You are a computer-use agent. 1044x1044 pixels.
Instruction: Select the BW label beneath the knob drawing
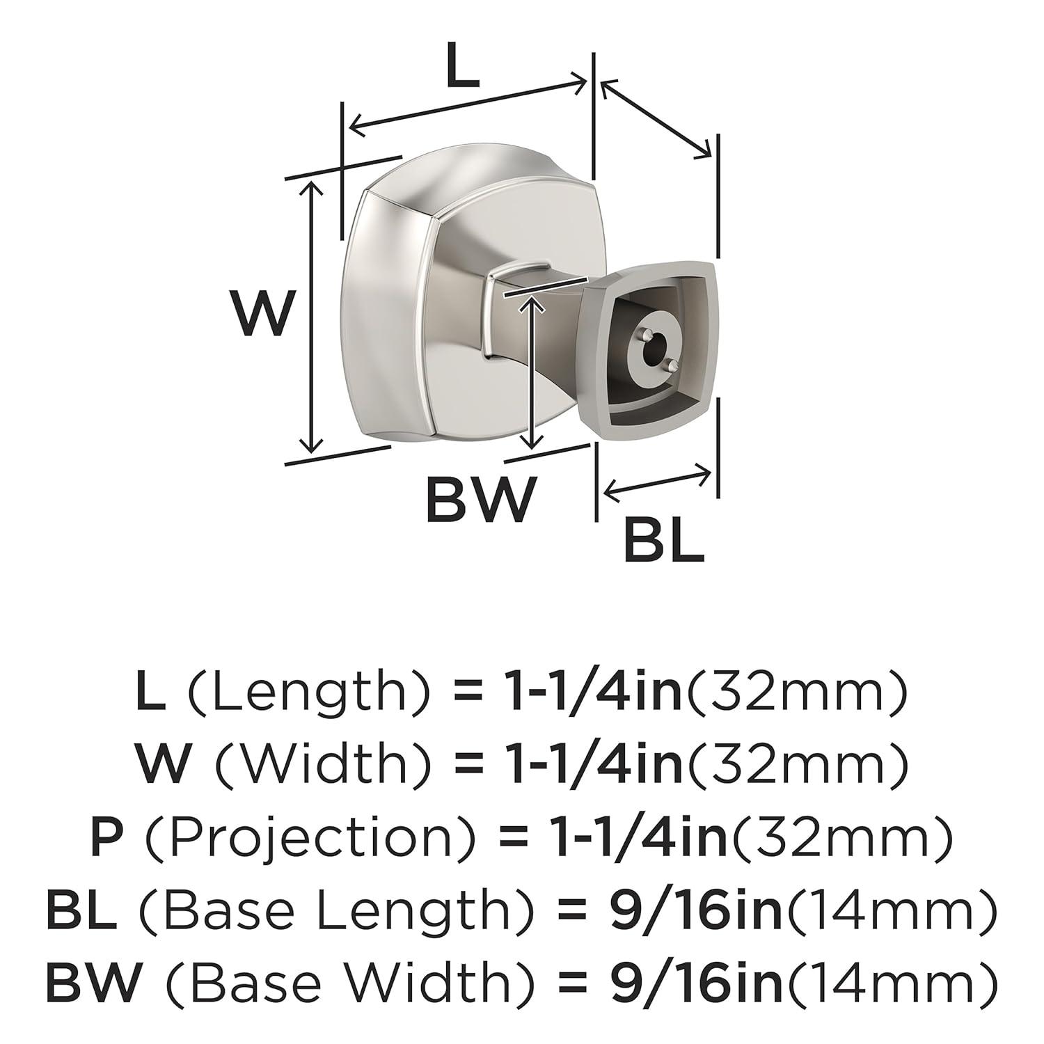click(x=481, y=499)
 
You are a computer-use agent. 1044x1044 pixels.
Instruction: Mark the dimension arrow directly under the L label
click(x=467, y=104)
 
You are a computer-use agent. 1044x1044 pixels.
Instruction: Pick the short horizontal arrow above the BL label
click(x=658, y=482)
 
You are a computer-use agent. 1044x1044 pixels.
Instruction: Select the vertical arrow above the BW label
click(x=533, y=372)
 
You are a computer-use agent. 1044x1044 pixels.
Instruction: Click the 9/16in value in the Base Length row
click(x=695, y=911)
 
